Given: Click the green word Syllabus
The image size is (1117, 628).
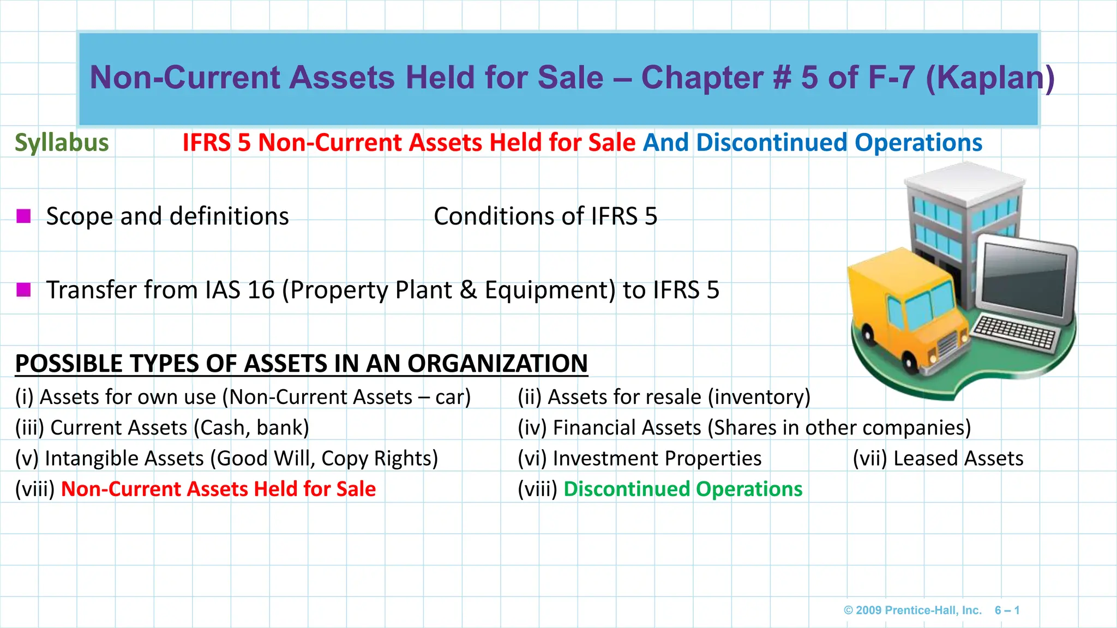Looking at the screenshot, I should [62, 143].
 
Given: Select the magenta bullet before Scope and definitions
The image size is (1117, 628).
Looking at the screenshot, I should [23, 216].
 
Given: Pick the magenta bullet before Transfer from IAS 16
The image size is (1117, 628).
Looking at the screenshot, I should [23, 289].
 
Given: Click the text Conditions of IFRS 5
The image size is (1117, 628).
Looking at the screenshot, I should [545, 216].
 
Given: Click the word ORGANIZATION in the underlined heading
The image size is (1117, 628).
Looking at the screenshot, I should [497, 364].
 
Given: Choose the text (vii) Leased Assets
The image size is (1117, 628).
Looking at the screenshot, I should [938, 458].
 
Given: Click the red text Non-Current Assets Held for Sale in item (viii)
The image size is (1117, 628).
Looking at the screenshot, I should [218, 489].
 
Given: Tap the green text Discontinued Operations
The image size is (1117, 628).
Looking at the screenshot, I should [683, 489].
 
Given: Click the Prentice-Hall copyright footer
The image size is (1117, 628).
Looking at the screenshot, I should [912, 610].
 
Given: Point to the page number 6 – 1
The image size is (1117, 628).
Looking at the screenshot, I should [1007, 610].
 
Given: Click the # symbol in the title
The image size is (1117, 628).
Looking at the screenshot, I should [782, 77].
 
